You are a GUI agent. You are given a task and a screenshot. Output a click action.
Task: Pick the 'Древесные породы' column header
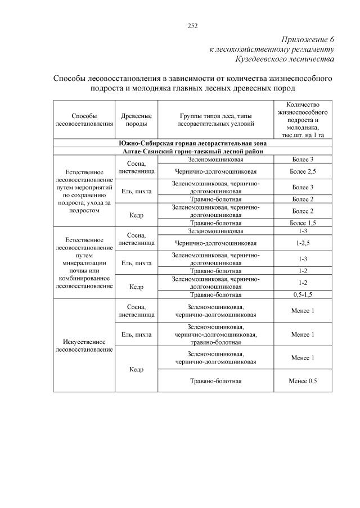pyautogui.click(x=136, y=120)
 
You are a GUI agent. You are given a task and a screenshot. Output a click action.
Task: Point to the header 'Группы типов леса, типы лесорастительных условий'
pyautogui.click(x=215, y=120)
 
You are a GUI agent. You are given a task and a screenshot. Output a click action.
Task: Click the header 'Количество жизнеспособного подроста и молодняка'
pyautogui.click(x=303, y=120)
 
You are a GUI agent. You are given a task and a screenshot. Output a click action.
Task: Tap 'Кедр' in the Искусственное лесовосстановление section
pyautogui.click(x=136, y=369)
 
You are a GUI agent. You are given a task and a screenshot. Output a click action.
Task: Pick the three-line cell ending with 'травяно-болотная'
pyautogui.click(x=215, y=334)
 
